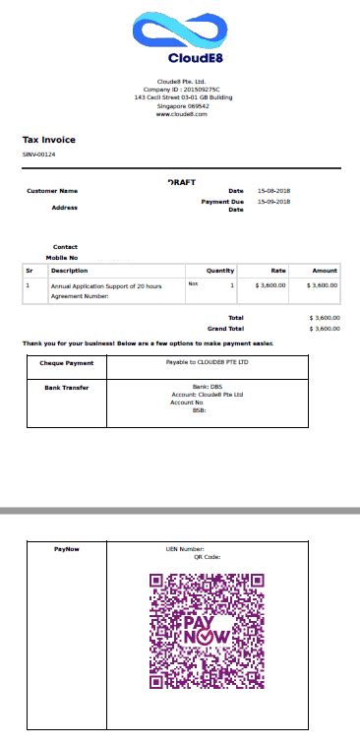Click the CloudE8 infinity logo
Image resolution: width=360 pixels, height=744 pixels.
click(181, 31)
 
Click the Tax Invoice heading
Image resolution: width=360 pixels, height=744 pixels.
click(49, 140)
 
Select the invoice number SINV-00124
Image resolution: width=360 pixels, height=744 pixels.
click(39, 155)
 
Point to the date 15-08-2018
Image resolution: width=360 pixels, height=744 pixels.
click(274, 191)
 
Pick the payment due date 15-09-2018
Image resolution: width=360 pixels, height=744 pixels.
click(274, 202)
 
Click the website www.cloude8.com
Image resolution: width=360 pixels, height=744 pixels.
click(181, 115)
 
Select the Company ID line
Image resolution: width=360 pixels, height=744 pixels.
click(181, 90)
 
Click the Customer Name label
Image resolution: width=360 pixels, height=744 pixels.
click(52, 191)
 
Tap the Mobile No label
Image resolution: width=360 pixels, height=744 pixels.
click(61, 257)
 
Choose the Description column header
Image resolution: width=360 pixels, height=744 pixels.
click(69, 271)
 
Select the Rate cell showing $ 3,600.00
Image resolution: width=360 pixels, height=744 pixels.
click(270, 284)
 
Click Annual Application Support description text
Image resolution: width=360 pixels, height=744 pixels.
click(105, 284)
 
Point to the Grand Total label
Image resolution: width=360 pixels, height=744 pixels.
click(224, 328)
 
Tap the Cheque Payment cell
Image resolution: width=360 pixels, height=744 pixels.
click(66, 363)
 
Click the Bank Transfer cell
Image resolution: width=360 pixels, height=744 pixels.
click(66, 388)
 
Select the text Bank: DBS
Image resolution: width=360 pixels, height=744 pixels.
click(208, 388)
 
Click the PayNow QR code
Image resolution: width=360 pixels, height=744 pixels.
click(207, 631)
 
